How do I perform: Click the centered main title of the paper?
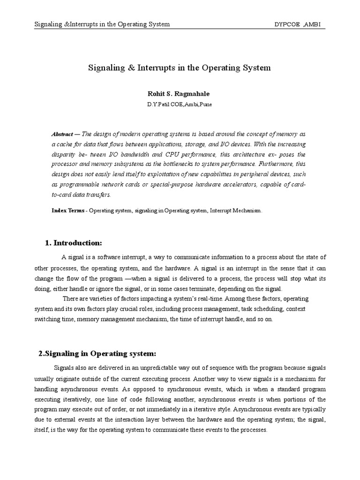(x=180, y=67)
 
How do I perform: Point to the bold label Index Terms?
(x=68, y=211)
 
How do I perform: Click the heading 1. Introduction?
(x=73, y=243)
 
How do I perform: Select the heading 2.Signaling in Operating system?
(x=97, y=353)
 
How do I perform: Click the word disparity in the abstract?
(x=64, y=154)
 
